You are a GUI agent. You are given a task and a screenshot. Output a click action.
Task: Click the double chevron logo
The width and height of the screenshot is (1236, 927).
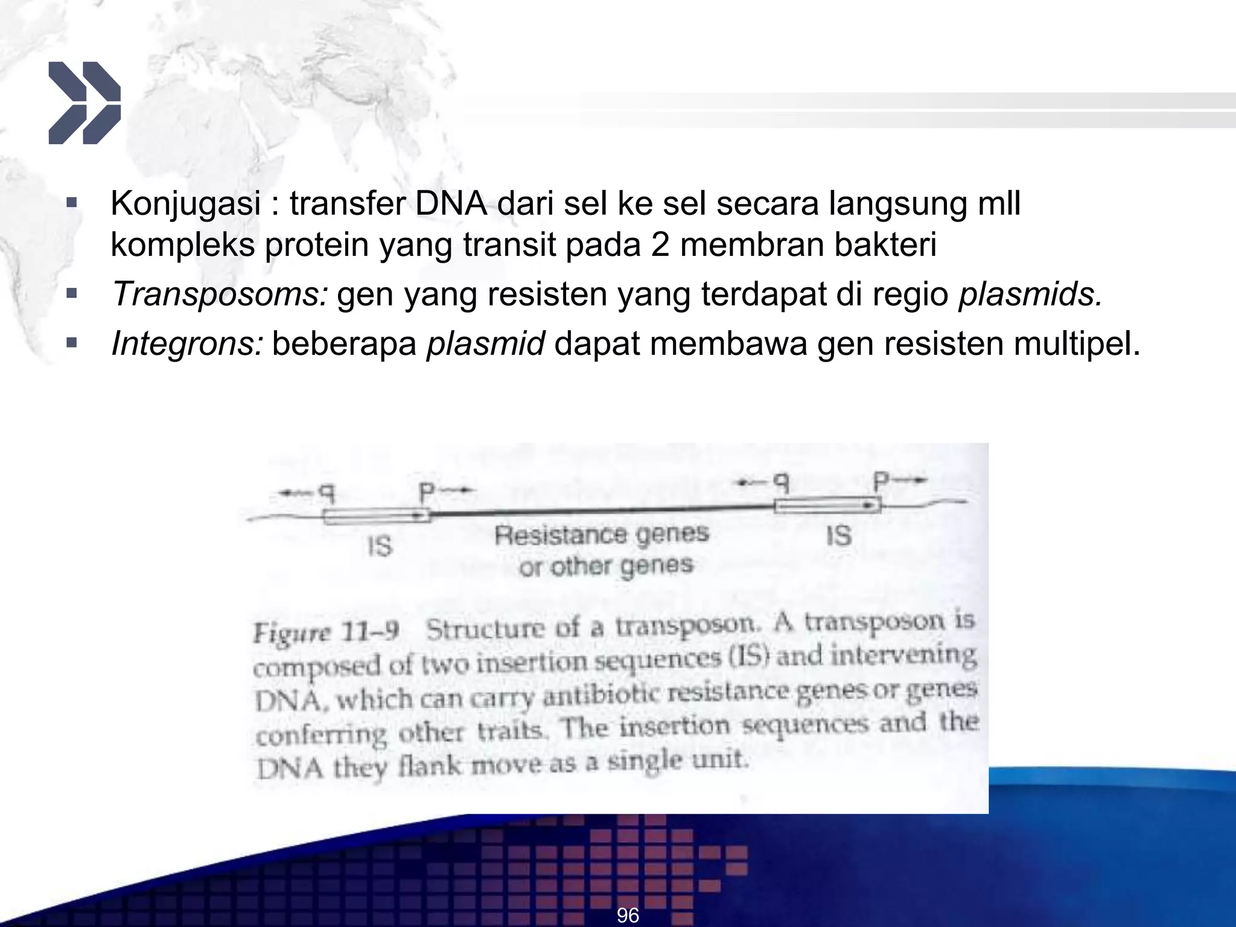84,103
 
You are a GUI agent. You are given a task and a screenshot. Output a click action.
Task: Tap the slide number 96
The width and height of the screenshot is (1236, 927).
628,915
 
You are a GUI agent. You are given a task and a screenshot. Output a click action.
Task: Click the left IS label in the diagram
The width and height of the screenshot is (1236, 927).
380,547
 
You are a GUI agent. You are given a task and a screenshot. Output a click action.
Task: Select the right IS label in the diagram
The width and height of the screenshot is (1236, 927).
838,535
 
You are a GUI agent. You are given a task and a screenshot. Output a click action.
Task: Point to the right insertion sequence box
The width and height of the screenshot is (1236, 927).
827,505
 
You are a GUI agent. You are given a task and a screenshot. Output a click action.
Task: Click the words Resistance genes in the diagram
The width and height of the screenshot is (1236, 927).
601,535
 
